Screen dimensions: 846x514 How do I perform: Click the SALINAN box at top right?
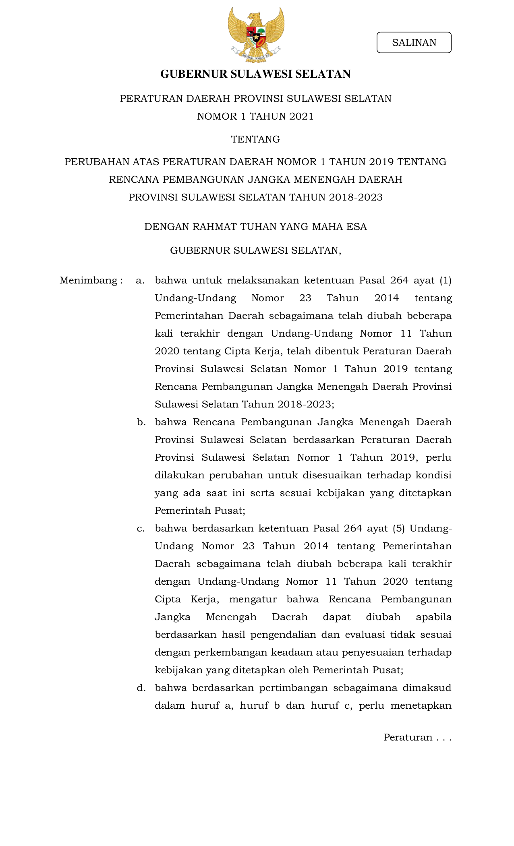pyautogui.click(x=414, y=43)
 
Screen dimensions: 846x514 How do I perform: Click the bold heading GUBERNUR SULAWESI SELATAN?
pyautogui.click(x=255, y=74)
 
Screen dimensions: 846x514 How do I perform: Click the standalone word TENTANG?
pyautogui.click(x=255, y=139)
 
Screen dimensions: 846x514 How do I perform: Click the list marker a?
pyautogui.click(x=140, y=280)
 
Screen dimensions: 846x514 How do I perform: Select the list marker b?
pyautogui.click(x=141, y=422)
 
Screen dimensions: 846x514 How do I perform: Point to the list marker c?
pyautogui.click(x=141, y=528)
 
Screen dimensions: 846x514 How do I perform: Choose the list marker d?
pyautogui.click(x=141, y=688)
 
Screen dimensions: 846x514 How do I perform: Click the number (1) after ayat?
pyautogui.click(x=446, y=280)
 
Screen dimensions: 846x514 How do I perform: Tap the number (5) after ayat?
pyautogui.click(x=398, y=528)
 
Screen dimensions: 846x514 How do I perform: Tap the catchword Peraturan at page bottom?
pyautogui.click(x=408, y=737)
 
